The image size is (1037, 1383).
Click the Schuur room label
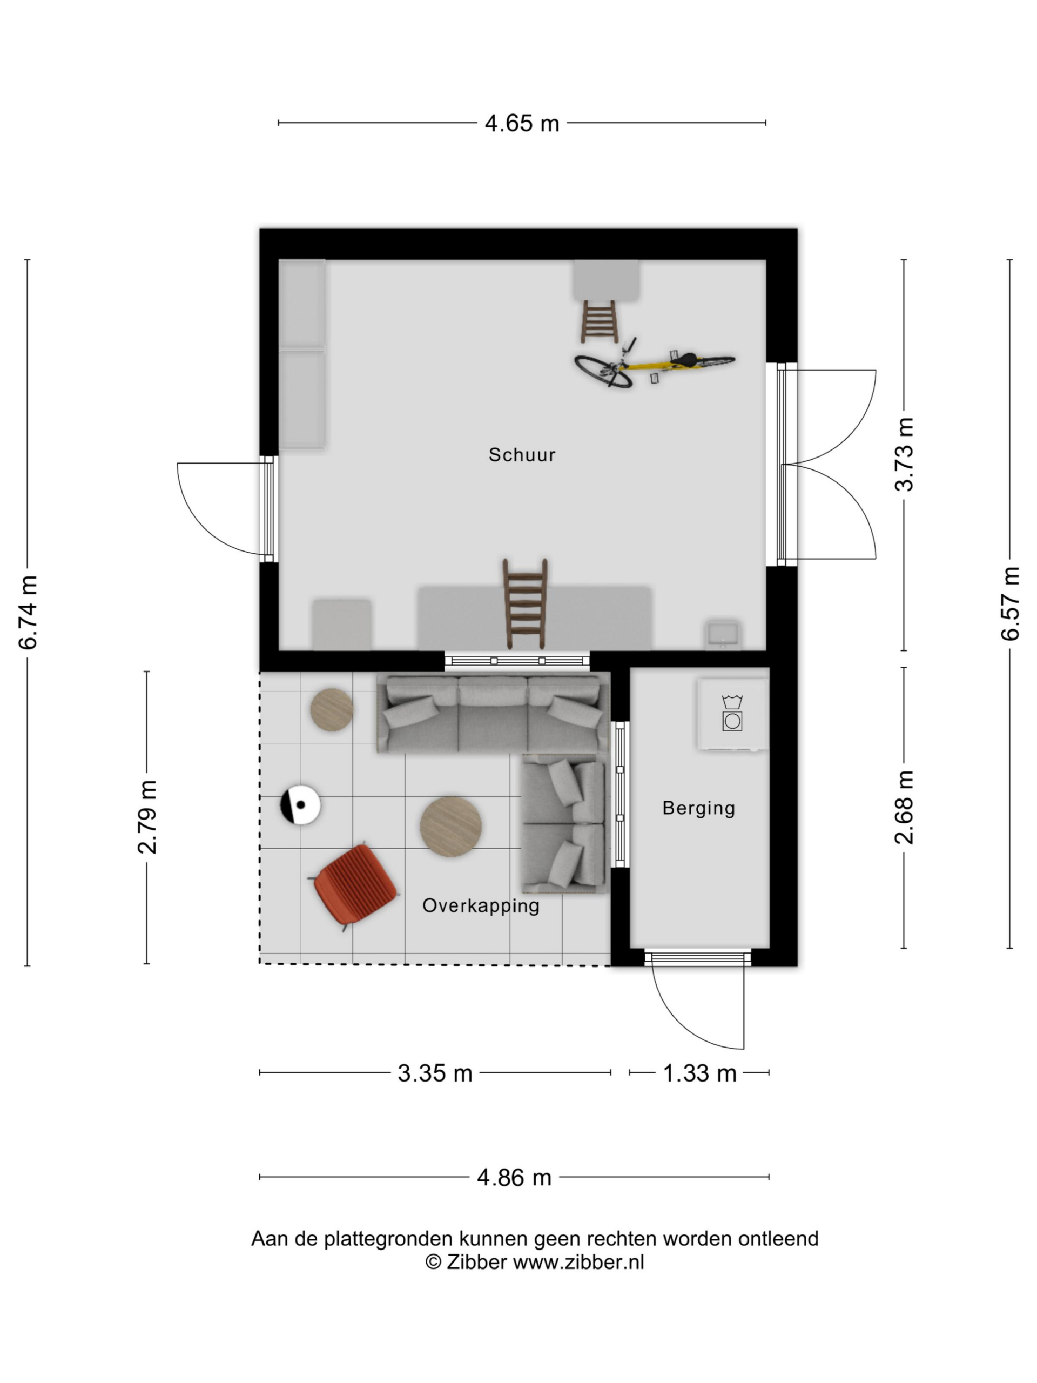tap(521, 454)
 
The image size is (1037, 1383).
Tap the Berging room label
tap(698, 808)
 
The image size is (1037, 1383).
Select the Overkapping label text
tap(481, 905)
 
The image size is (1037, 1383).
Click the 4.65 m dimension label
tap(521, 123)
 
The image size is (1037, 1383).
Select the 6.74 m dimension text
tap(29, 612)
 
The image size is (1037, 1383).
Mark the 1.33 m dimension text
tap(699, 1073)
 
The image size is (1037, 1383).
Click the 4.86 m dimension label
tap(514, 1178)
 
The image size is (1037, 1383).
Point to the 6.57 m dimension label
tap(1011, 603)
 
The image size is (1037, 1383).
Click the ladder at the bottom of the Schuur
tap(525, 603)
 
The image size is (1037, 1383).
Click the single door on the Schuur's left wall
tap(223, 508)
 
